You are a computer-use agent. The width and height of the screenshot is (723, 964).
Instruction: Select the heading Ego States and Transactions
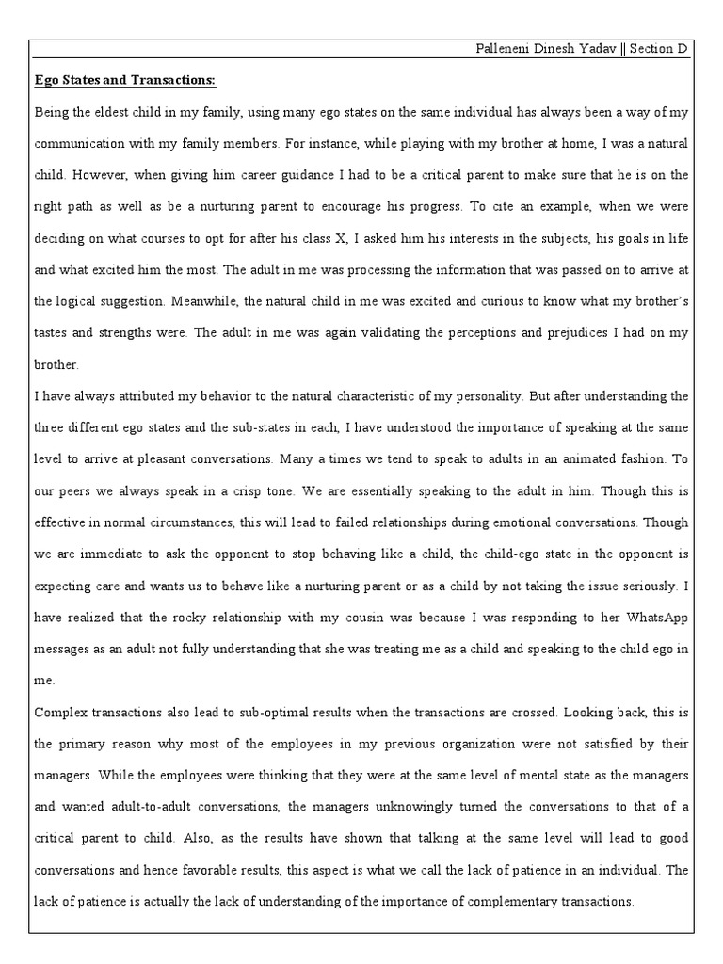click(125, 81)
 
